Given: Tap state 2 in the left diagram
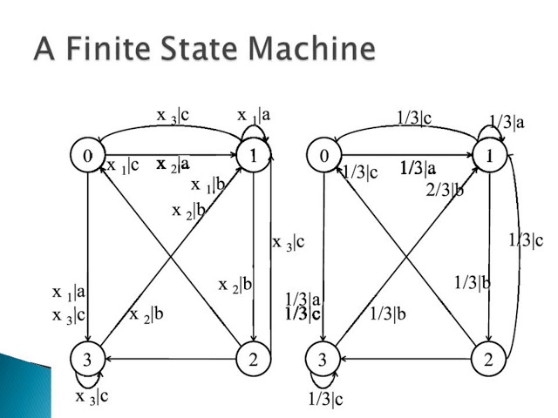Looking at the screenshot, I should [253, 359].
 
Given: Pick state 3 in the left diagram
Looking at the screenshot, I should [88, 359].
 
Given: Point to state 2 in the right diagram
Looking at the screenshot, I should [490, 359].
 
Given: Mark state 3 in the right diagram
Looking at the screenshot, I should [324, 359].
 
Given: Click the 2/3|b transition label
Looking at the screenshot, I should [445, 188].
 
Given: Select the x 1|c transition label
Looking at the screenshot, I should [122, 165].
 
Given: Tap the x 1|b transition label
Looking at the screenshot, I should [208, 184].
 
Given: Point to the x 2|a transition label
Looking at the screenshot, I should [174, 164].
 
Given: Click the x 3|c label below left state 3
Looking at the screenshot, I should [92, 397].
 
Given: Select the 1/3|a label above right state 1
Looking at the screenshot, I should [507, 123].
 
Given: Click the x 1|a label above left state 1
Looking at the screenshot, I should [255, 114].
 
